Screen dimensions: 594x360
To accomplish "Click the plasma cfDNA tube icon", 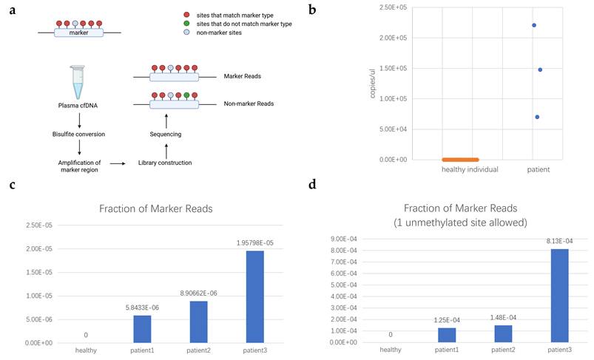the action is [78, 82].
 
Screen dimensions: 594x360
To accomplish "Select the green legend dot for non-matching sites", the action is [186, 24].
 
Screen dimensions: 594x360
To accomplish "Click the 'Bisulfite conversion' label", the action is [79, 134].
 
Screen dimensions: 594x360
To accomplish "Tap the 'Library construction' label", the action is [165, 163].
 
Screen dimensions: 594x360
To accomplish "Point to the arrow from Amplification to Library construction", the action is [118, 163].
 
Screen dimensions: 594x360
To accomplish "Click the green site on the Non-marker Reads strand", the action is [186, 95].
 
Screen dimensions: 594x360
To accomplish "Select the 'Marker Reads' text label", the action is [243, 76].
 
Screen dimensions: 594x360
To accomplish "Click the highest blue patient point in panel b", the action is [534, 25].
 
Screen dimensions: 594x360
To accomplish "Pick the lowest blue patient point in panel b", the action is [537, 117].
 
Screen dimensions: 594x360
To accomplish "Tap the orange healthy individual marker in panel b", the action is [460, 160].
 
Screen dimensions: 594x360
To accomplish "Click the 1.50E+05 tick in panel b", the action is [394, 68].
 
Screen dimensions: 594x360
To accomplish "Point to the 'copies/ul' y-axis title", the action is [372, 84].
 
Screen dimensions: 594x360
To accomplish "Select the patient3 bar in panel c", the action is [255, 296].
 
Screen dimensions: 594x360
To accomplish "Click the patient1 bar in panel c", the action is [142, 330].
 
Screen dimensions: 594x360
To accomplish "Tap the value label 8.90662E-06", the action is [198, 293].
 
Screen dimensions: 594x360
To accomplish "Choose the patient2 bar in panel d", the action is [503, 333].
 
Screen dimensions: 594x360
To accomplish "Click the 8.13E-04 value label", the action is [559, 241].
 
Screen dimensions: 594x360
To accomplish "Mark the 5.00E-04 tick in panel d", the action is [344, 285].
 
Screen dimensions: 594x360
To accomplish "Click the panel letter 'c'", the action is [13, 186].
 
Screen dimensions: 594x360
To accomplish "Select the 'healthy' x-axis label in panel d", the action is [391, 350].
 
